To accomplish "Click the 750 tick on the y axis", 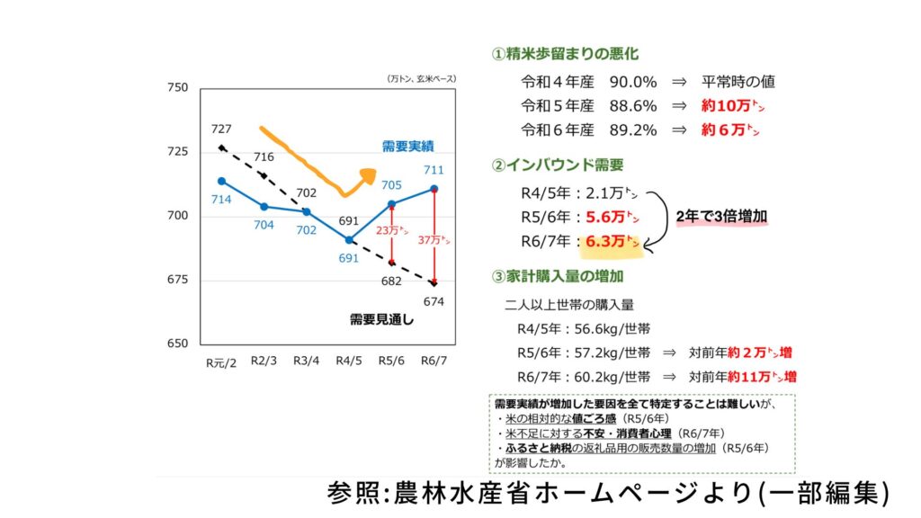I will [x=177, y=88].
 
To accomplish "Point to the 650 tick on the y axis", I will [x=177, y=344].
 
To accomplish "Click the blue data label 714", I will [x=221, y=198].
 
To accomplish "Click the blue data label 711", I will [x=434, y=170].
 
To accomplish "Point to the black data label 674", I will [x=434, y=301].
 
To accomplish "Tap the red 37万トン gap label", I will [x=434, y=240].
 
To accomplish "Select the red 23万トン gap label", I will [x=392, y=230].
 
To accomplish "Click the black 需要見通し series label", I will [x=381, y=318].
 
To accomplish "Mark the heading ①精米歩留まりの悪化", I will [x=566, y=55].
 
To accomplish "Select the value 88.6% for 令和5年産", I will [x=633, y=105].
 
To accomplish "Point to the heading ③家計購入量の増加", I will [x=558, y=275].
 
